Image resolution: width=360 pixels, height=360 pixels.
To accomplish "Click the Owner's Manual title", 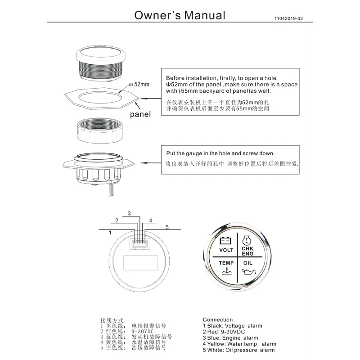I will point(180,15).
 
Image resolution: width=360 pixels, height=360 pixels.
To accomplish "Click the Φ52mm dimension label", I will point(139,84).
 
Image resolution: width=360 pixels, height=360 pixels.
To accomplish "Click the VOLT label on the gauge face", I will point(226,250).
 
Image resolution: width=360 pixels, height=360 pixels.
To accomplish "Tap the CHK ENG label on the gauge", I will point(248,250).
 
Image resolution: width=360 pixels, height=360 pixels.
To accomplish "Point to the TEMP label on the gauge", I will point(226,262).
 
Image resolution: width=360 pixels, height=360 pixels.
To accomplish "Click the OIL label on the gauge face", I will point(248,262).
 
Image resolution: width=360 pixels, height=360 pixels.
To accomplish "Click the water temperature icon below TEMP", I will point(226,272).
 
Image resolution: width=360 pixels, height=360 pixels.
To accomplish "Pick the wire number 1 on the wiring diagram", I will point(110,233).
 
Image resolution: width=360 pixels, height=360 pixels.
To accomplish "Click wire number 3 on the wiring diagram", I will point(129,213).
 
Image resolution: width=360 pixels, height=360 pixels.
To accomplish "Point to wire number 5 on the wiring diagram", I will point(166,228).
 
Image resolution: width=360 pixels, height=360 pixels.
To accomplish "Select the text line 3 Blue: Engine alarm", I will point(230,338).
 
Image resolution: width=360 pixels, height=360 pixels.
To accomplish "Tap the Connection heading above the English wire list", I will point(218,320).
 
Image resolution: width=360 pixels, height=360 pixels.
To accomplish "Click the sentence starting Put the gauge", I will point(220,153).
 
